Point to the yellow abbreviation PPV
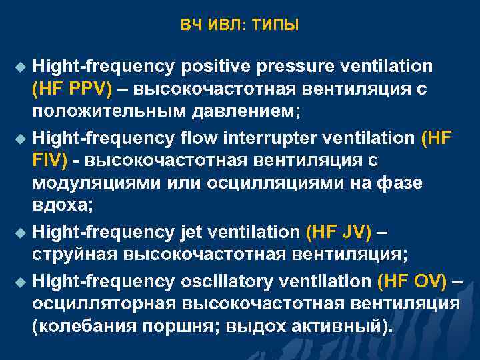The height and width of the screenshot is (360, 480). (85, 89)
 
